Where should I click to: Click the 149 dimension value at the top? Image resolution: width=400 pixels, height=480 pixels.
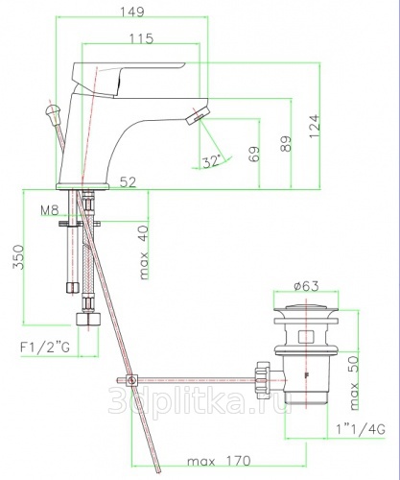132,12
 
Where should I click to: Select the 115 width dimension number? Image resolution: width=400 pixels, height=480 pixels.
141,38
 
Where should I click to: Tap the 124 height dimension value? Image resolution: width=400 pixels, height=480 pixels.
315,126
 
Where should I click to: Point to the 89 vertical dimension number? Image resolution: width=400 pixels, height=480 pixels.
286,144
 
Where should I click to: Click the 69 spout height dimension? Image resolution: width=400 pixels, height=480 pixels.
254,154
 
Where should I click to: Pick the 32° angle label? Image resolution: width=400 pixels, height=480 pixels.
212,161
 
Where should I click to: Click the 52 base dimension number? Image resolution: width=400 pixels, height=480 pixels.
128,182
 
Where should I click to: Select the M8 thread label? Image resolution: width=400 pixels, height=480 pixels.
50,210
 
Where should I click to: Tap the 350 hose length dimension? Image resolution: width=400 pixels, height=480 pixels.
18,257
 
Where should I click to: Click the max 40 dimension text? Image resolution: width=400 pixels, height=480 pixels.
144,252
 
